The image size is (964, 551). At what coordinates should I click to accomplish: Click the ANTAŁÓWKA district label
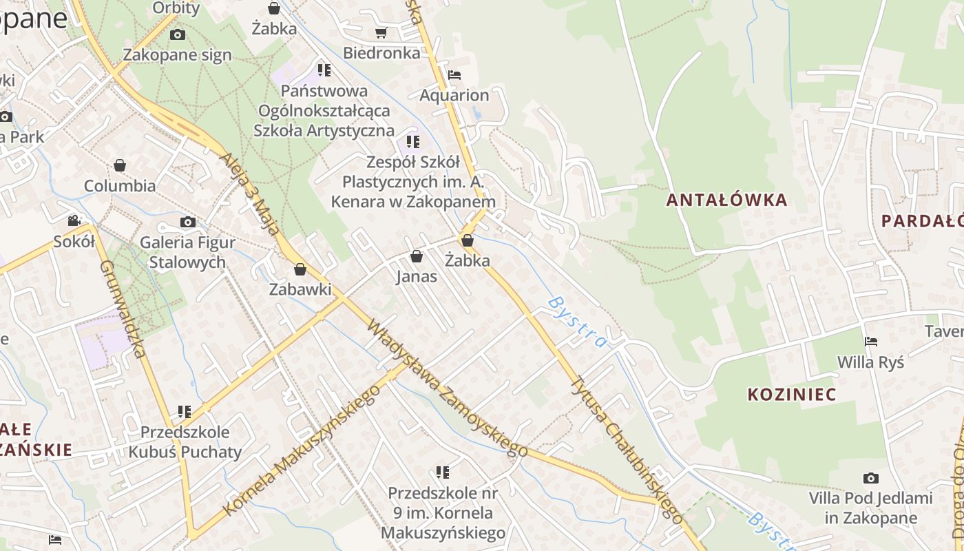coord(726,200)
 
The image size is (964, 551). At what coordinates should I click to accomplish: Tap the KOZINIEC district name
coord(792,395)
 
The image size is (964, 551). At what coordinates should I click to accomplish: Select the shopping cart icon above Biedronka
coord(381,32)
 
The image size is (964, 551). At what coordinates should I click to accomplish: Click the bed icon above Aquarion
coord(454,75)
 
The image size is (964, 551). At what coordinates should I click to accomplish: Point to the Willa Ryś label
coord(870,362)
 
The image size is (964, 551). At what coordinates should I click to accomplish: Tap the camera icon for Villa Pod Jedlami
coord(871,478)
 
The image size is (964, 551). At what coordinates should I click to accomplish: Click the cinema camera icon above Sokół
coord(74,221)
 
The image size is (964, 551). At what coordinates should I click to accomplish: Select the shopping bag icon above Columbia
coord(120,165)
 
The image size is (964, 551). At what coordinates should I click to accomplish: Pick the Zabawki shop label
coord(300,289)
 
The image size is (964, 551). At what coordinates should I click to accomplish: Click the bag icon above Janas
coord(417,257)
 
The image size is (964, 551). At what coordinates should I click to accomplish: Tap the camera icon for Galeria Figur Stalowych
coord(187,222)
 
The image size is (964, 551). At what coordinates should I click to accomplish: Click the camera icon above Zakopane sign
coord(177,34)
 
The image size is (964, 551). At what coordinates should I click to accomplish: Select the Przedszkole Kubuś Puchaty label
coord(185,442)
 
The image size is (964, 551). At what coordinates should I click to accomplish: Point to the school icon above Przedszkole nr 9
coord(443,472)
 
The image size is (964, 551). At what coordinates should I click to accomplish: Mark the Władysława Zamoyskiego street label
coord(448,389)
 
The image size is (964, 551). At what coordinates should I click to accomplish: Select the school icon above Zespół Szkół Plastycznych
coord(413,142)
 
